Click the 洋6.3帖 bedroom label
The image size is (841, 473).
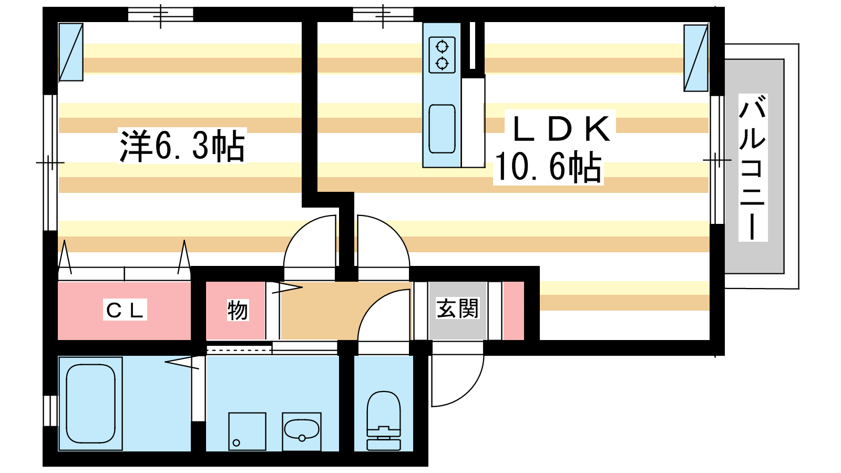[182, 146]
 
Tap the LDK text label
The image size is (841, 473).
[561, 128]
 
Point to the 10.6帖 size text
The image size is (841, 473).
[549, 167]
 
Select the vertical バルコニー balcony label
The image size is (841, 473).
[752, 168]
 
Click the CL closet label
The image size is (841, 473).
[125, 310]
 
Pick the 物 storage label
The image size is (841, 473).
[238, 310]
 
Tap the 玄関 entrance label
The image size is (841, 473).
[458, 308]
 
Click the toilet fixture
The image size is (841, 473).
[383, 420]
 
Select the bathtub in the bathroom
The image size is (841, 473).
[90, 404]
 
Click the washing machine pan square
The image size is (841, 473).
[247, 431]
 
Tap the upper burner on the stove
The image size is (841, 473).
[442, 47]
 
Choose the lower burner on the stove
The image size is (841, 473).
[442, 63]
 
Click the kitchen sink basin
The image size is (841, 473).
[442, 129]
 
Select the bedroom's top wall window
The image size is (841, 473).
[160, 15]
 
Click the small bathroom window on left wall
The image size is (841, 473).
[50, 410]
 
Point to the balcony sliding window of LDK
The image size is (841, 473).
[717, 160]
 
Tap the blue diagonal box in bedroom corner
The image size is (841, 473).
[71, 52]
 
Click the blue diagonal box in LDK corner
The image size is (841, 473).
[696, 58]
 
